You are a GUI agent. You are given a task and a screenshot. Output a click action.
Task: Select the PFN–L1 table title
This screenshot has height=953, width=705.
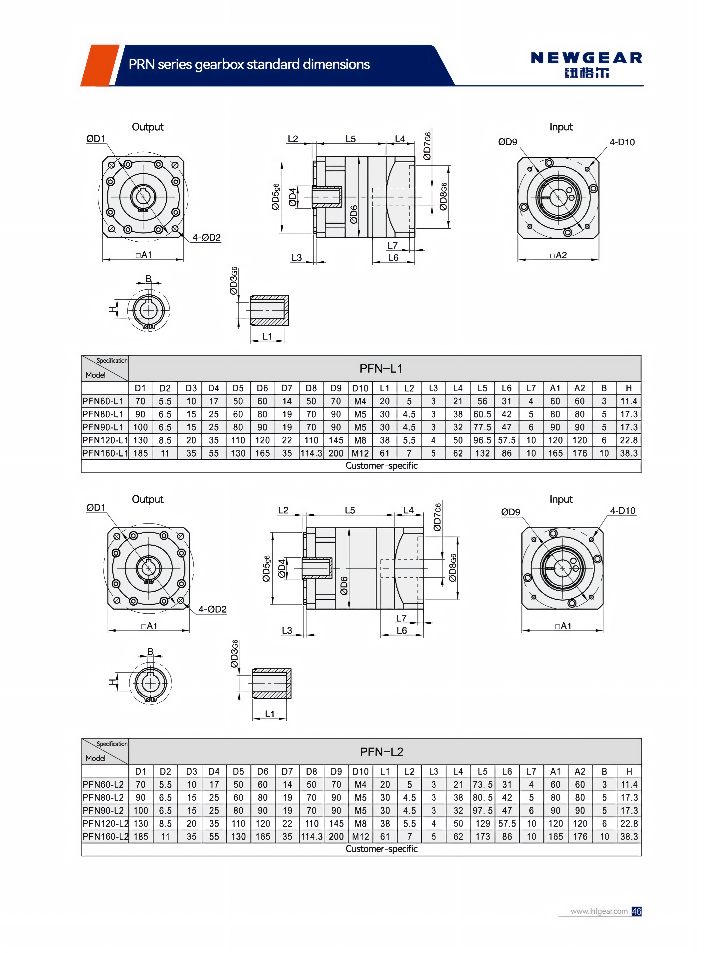tap(381, 368)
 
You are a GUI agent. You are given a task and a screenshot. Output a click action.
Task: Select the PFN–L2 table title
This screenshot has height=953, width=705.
tap(381, 752)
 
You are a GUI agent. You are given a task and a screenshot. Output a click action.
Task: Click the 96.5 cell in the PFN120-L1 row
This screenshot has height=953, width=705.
tap(482, 440)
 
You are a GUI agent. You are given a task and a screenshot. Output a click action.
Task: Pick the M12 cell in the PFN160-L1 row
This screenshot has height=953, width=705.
tap(360, 453)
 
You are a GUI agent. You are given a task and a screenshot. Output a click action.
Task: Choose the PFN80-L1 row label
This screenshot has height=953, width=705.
tap(103, 414)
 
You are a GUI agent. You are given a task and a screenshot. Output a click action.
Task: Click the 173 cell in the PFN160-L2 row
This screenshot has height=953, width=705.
tap(483, 837)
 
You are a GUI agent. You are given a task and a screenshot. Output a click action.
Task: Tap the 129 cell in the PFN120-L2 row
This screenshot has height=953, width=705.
tap(483, 823)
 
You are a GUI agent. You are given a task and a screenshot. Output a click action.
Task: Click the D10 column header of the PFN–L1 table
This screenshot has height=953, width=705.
tap(360, 388)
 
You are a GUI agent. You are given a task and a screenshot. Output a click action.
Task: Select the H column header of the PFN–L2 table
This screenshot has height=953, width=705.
tap(629, 771)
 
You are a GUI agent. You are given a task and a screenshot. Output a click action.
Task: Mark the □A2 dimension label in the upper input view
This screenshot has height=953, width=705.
tap(559, 255)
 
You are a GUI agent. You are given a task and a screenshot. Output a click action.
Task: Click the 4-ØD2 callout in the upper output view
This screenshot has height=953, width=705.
tap(207, 238)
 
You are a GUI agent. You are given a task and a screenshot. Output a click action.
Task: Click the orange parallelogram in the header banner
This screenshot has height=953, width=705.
tap(99, 65)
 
